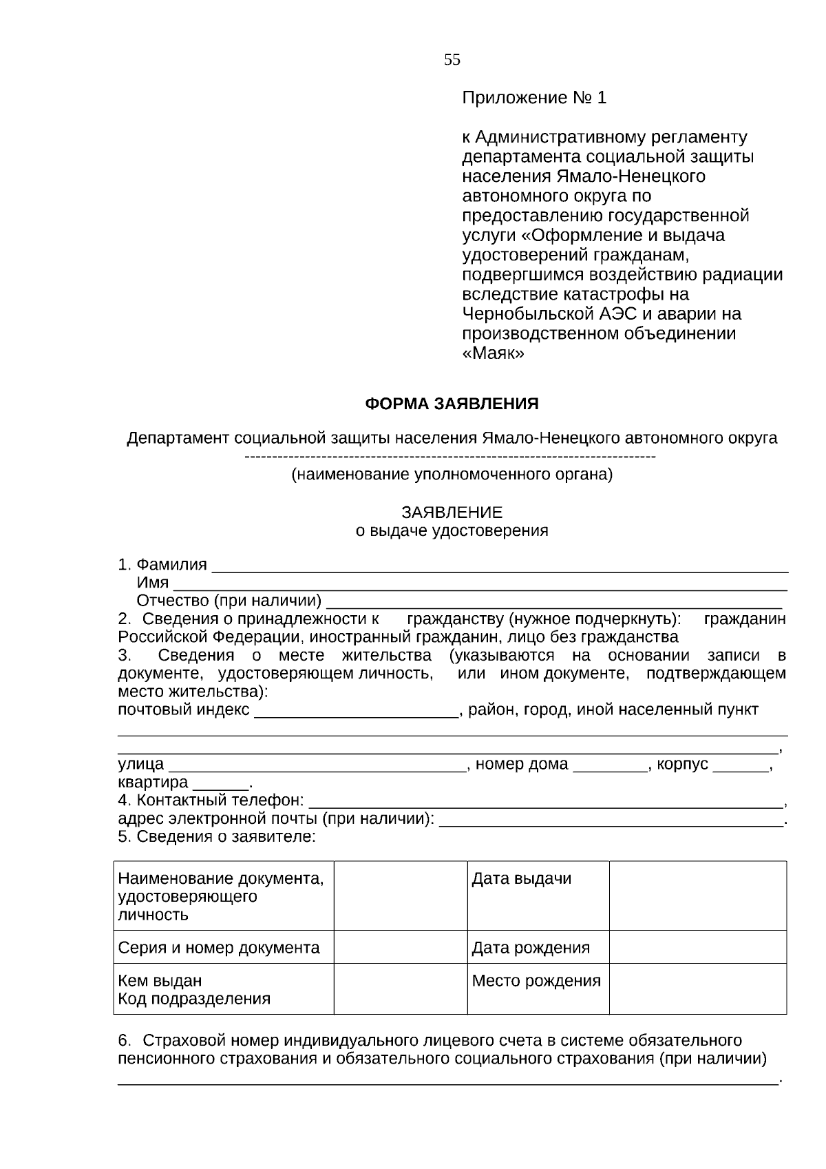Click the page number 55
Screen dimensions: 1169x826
pos(452,60)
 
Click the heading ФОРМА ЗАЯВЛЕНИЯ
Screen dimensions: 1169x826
pos(452,404)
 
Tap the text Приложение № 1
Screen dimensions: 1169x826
pos(533,98)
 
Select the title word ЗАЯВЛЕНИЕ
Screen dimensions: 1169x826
pos(452,513)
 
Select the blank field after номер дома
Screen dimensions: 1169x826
pos(610,767)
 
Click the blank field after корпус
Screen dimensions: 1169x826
pos(741,767)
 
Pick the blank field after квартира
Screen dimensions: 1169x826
pos(220,786)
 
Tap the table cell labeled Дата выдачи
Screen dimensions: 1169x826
pos(521,879)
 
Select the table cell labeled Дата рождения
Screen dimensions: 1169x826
pos(531,948)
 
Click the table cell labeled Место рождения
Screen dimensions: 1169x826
pos(536,980)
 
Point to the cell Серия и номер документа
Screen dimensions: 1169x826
pos(219,948)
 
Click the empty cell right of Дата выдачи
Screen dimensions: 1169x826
pos(697,895)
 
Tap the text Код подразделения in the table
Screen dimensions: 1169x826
pos(194,999)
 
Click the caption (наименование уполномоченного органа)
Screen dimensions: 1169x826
pos(452,475)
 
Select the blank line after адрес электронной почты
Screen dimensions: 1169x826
pos(611,823)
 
